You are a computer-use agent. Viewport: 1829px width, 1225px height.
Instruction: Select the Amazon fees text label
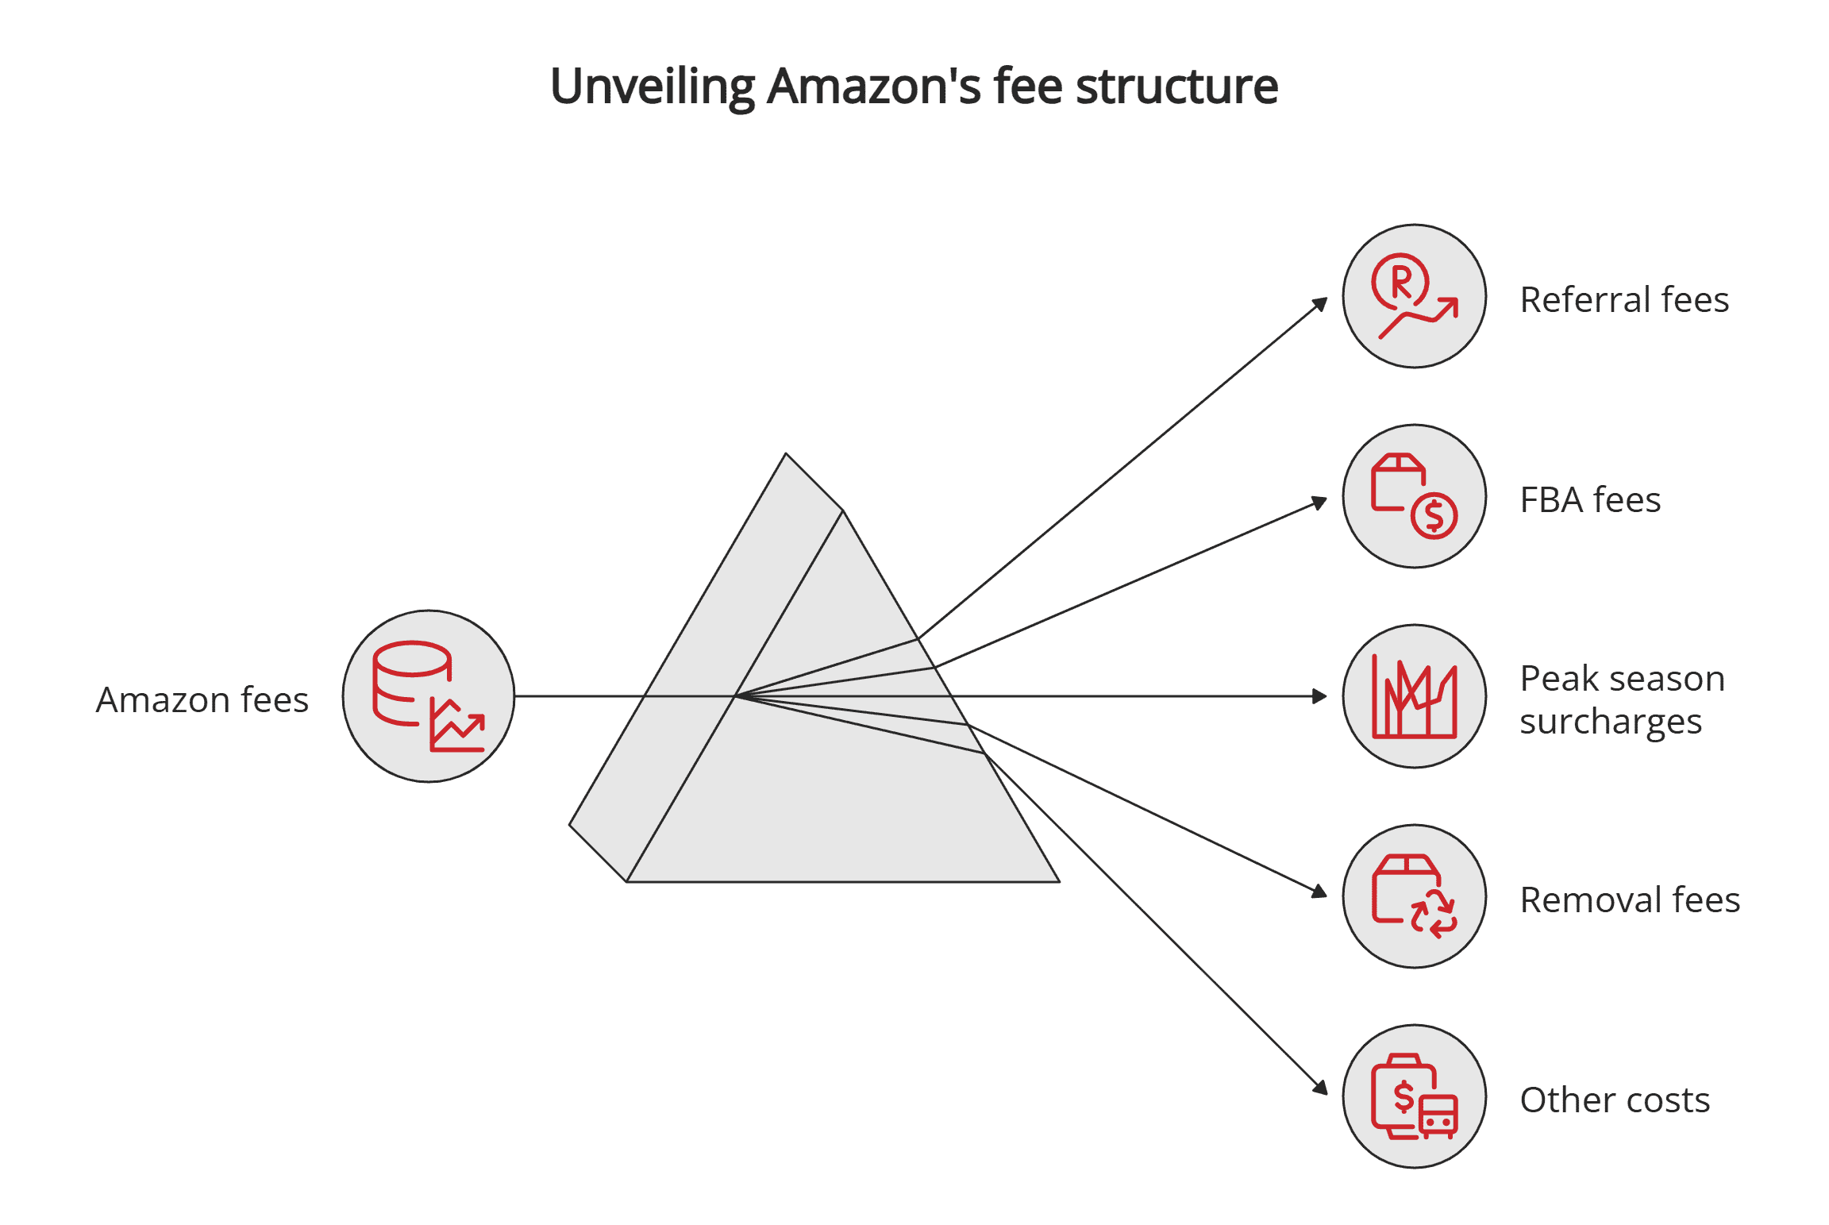(202, 700)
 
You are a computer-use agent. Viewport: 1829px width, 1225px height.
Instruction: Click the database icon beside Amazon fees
(429, 696)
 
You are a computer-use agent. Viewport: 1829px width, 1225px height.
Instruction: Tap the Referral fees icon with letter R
(1414, 296)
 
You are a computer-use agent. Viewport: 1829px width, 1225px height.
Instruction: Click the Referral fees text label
(1623, 300)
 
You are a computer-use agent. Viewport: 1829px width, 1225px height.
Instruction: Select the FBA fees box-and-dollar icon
(1414, 496)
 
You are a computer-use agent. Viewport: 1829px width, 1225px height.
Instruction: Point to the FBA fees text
(1589, 500)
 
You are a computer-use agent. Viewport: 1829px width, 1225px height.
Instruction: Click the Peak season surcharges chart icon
(1414, 696)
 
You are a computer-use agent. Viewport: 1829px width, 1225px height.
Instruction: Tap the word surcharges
(1610, 722)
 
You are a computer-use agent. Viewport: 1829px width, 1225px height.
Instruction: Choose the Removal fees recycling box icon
(1414, 896)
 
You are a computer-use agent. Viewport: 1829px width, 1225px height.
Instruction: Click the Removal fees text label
(1629, 900)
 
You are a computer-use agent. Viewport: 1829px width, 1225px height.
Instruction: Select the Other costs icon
(1414, 1096)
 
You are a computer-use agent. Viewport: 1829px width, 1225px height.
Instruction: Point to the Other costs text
(1614, 1100)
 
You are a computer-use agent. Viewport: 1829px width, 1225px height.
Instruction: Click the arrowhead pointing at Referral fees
(1320, 304)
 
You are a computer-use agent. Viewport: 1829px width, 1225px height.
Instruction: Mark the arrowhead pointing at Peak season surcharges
(1319, 696)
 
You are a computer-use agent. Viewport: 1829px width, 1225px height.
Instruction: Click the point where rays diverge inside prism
(737, 696)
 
